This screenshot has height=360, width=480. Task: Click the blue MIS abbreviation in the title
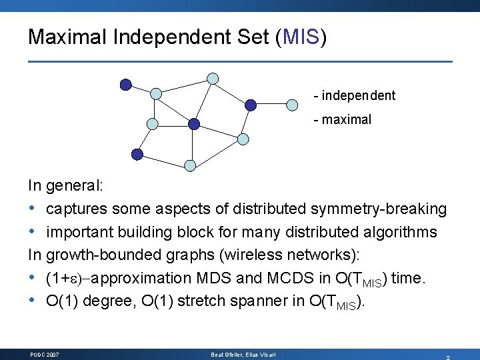301,37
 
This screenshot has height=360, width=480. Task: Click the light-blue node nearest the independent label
292,104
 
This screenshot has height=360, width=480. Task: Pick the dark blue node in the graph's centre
193,123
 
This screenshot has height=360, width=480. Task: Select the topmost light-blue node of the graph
213,78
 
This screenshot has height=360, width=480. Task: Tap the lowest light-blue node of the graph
190,165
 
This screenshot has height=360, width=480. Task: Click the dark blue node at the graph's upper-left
125,84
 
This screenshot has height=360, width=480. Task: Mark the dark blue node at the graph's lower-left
137,154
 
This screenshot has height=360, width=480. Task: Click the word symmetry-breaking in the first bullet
378,209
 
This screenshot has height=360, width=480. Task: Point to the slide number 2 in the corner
447,357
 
